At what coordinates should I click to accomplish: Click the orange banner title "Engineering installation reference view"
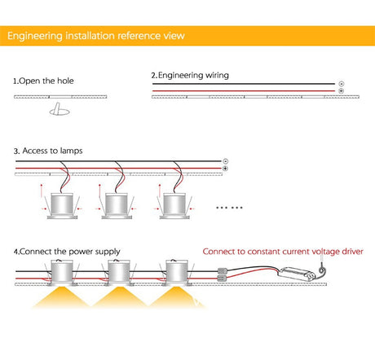96,36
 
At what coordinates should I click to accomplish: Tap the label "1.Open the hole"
43,81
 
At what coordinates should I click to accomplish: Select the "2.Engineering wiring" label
190,75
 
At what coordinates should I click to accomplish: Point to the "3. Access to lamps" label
48,151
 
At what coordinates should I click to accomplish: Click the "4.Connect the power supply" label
67,252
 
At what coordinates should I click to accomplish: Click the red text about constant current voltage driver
283,252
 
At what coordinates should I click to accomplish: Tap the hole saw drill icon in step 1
60,109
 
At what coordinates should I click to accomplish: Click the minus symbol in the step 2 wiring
342,84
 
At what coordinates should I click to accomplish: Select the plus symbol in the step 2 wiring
342,91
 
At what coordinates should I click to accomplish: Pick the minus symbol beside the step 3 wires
225,161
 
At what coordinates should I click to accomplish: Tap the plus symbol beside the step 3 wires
225,169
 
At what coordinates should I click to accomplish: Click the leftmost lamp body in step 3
62,205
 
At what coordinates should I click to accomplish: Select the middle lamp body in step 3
117,205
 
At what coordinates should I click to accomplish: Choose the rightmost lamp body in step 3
174,205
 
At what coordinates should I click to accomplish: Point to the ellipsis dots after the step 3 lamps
229,208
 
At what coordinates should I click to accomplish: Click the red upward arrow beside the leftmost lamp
42,191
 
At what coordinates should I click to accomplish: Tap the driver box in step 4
297,274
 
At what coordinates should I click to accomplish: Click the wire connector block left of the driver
223,274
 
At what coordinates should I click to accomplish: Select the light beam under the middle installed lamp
120,296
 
